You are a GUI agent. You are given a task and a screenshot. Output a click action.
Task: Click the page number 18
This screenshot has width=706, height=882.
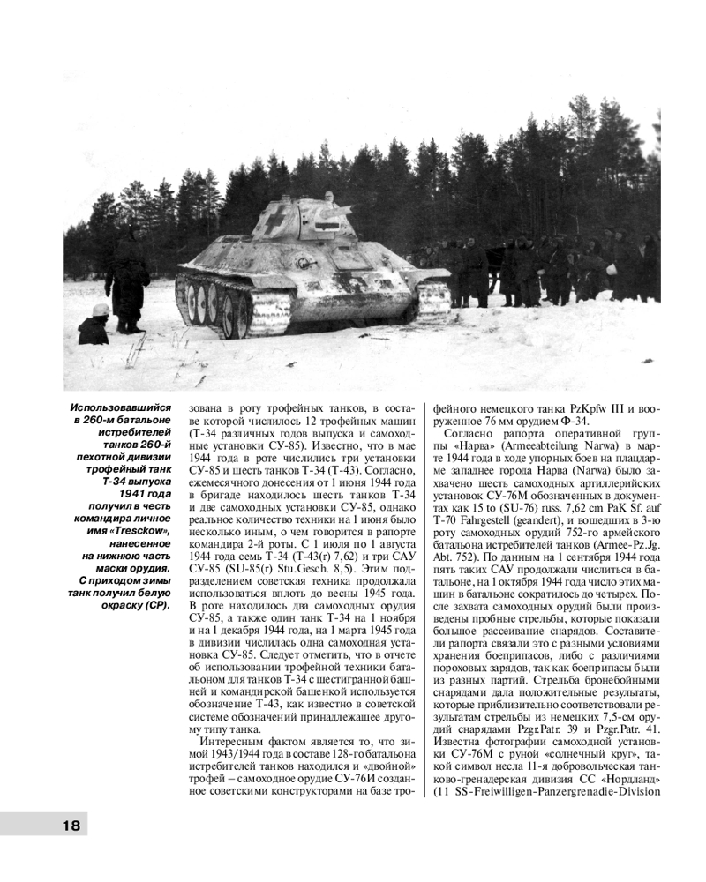tap(71, 826)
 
